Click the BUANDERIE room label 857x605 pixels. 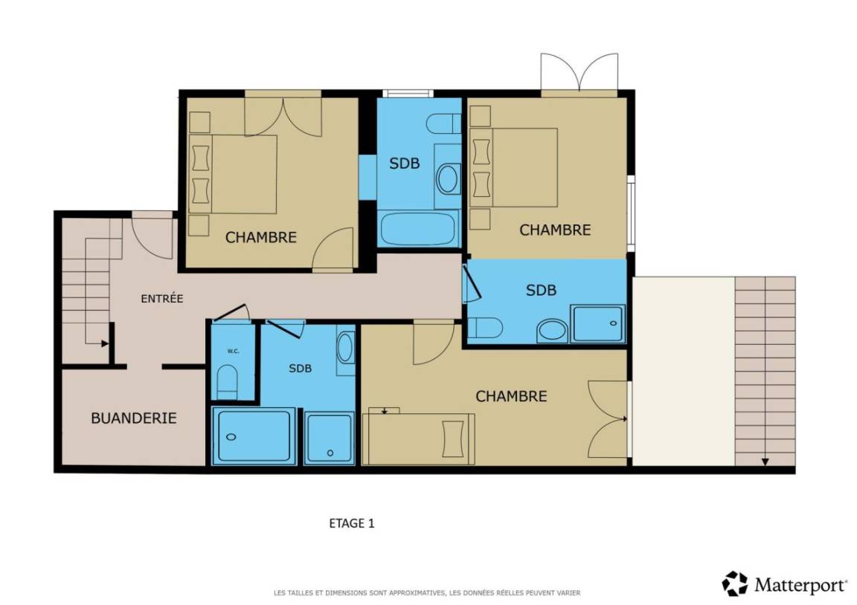[x=133, y=418]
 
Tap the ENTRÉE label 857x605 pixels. [x=161, y=299]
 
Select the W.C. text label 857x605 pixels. [x=234, y=351]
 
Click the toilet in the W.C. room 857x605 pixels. [x=228, y=382]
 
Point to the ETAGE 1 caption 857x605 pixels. [x=351, y=523]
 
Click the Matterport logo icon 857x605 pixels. [x=734, y=583]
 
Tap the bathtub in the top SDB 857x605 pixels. [x=418, y=229]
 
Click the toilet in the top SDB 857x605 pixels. [x=444, y=123]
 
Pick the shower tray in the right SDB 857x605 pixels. [x=597, y=324]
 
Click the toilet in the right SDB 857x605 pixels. [x=485, y=329]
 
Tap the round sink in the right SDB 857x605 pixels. [x=552, y=331]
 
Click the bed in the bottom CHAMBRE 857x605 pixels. [x=419, y=439]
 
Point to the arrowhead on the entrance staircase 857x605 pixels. [x=104, y=343]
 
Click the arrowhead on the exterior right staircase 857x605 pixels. [x=765, y=462]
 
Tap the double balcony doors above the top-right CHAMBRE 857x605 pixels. [x=580, y=75]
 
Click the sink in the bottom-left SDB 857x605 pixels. [x=345, y=348]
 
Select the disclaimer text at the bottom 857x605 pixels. [x=427, y=592]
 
